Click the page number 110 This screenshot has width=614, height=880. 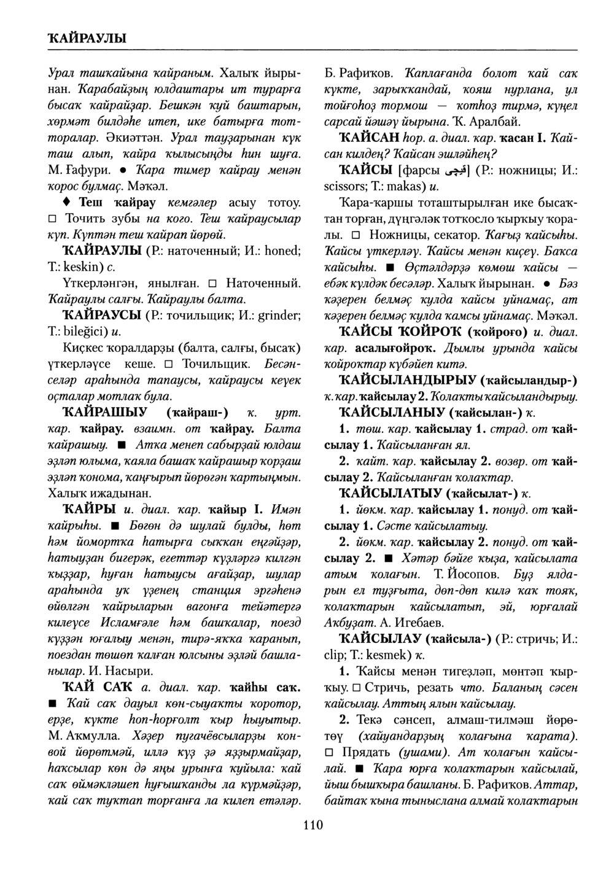pyautogui.click(x=313, y=825)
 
